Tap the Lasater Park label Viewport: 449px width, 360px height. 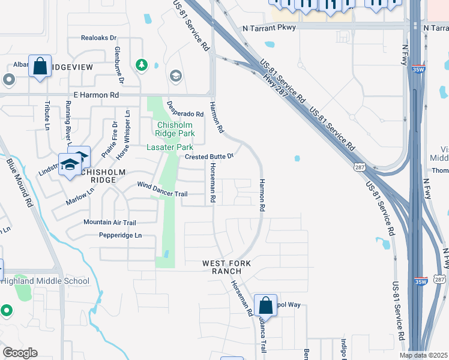point(170,147)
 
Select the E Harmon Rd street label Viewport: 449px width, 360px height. point(97,95)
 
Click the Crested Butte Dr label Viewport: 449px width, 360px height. point(208,157)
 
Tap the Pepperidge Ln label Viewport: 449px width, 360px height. point(120,235)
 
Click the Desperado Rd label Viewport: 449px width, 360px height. point(185,113)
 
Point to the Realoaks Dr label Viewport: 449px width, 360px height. point(99,37)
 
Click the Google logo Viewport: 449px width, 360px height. point(20,353)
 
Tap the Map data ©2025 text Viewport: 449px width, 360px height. point(423,355)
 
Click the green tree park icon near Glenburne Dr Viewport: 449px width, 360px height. point(142,64)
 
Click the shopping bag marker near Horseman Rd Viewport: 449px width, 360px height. point(265,305)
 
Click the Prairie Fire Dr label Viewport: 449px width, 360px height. point(109,139)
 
